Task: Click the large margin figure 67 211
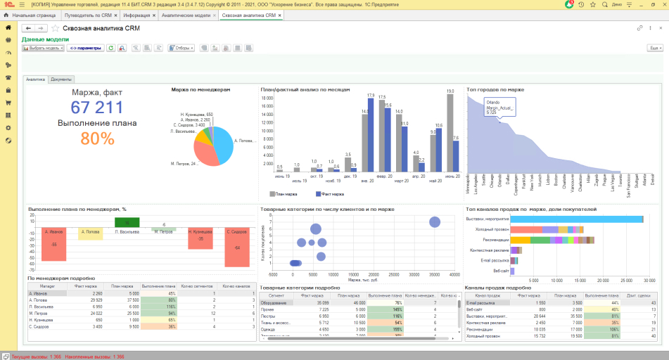tap(97, 108)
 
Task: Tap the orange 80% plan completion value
tap(97, 138)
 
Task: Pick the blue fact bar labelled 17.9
tap(371, 133)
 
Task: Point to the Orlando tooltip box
tap(500, 107)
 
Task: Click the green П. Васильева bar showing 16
tap(127, 222)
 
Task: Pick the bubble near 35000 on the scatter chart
tap(434, 222)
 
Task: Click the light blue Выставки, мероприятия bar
tap(576, 219)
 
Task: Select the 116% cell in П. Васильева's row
tap(158, 307)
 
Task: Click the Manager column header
tap(46, 286)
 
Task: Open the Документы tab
tap(61, 79)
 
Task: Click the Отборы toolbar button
tap(181, 48)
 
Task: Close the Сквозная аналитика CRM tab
tap(279, 15)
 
